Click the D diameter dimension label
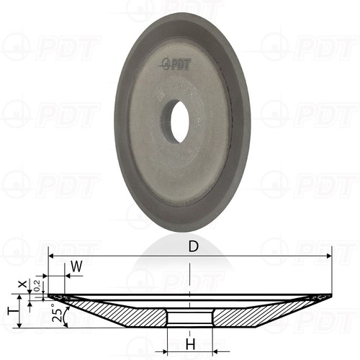point(194,246)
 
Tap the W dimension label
point(77,266)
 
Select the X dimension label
point(23,284)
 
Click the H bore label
point(191,343)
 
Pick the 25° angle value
point(57,312)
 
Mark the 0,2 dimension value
point(37,285)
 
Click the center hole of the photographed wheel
point(176,121)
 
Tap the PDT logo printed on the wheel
point(176,64)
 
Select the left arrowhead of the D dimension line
point(51,256)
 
